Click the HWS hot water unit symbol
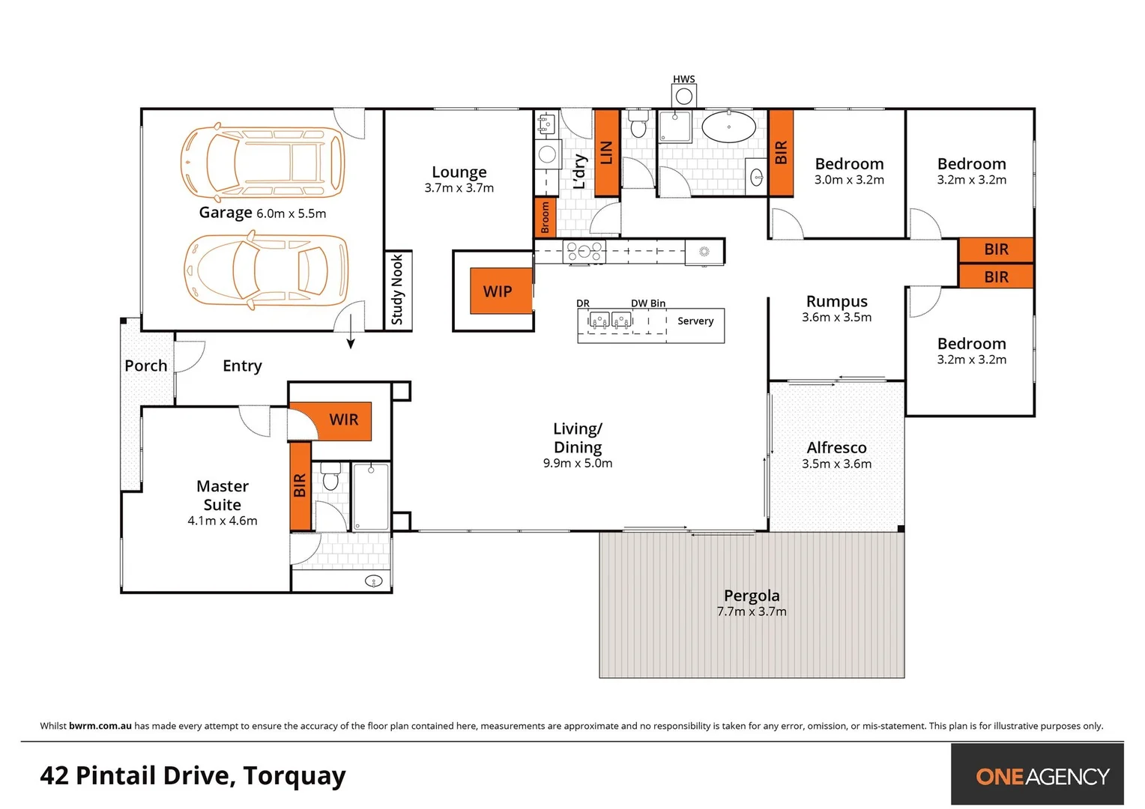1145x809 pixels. click(683, 97)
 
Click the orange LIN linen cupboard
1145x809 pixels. click(606, 153)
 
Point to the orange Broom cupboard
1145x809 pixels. click(545, 217)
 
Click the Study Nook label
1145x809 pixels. click(397, 290)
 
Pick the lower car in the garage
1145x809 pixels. click(266, 270)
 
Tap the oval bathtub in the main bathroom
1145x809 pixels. click(728, 127)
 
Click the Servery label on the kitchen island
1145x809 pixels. click(695, 321)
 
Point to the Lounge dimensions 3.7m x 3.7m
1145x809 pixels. click(459, 188)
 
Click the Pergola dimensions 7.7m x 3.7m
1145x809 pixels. click(752, 612)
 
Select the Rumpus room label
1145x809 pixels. click(836, 301)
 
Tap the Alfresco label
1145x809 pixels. click(836, 447)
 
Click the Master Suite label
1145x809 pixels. click(222, 495)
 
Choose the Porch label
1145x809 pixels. click(145, 366)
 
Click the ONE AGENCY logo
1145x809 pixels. click(1042, 776)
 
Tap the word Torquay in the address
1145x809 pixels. click(294, 776)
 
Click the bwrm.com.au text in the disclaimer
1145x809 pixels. click(100, 726)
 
